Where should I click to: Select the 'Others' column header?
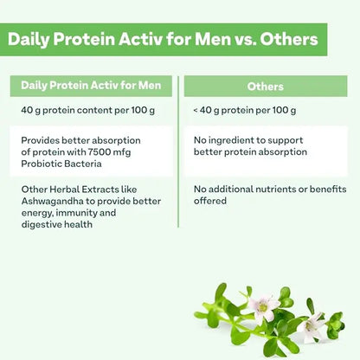pos(265,86)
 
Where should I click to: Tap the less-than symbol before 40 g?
pos(196,110)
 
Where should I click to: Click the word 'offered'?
pos(212,200)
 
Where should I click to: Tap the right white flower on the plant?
pos(312,325)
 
